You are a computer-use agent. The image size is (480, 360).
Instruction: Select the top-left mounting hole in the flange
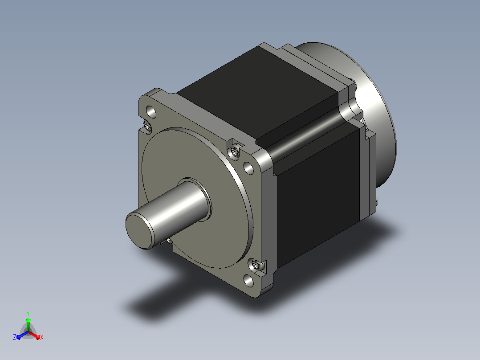click(151, 112)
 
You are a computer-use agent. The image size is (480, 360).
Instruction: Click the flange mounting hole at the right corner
click(249, 168)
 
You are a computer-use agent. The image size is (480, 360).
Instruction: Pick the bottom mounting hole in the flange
click(248, 280)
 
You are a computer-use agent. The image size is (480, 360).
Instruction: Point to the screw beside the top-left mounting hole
click(147, 125)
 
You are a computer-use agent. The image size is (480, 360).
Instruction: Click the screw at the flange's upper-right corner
click(235, 151)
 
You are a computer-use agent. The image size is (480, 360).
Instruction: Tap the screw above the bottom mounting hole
click(256, 264)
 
